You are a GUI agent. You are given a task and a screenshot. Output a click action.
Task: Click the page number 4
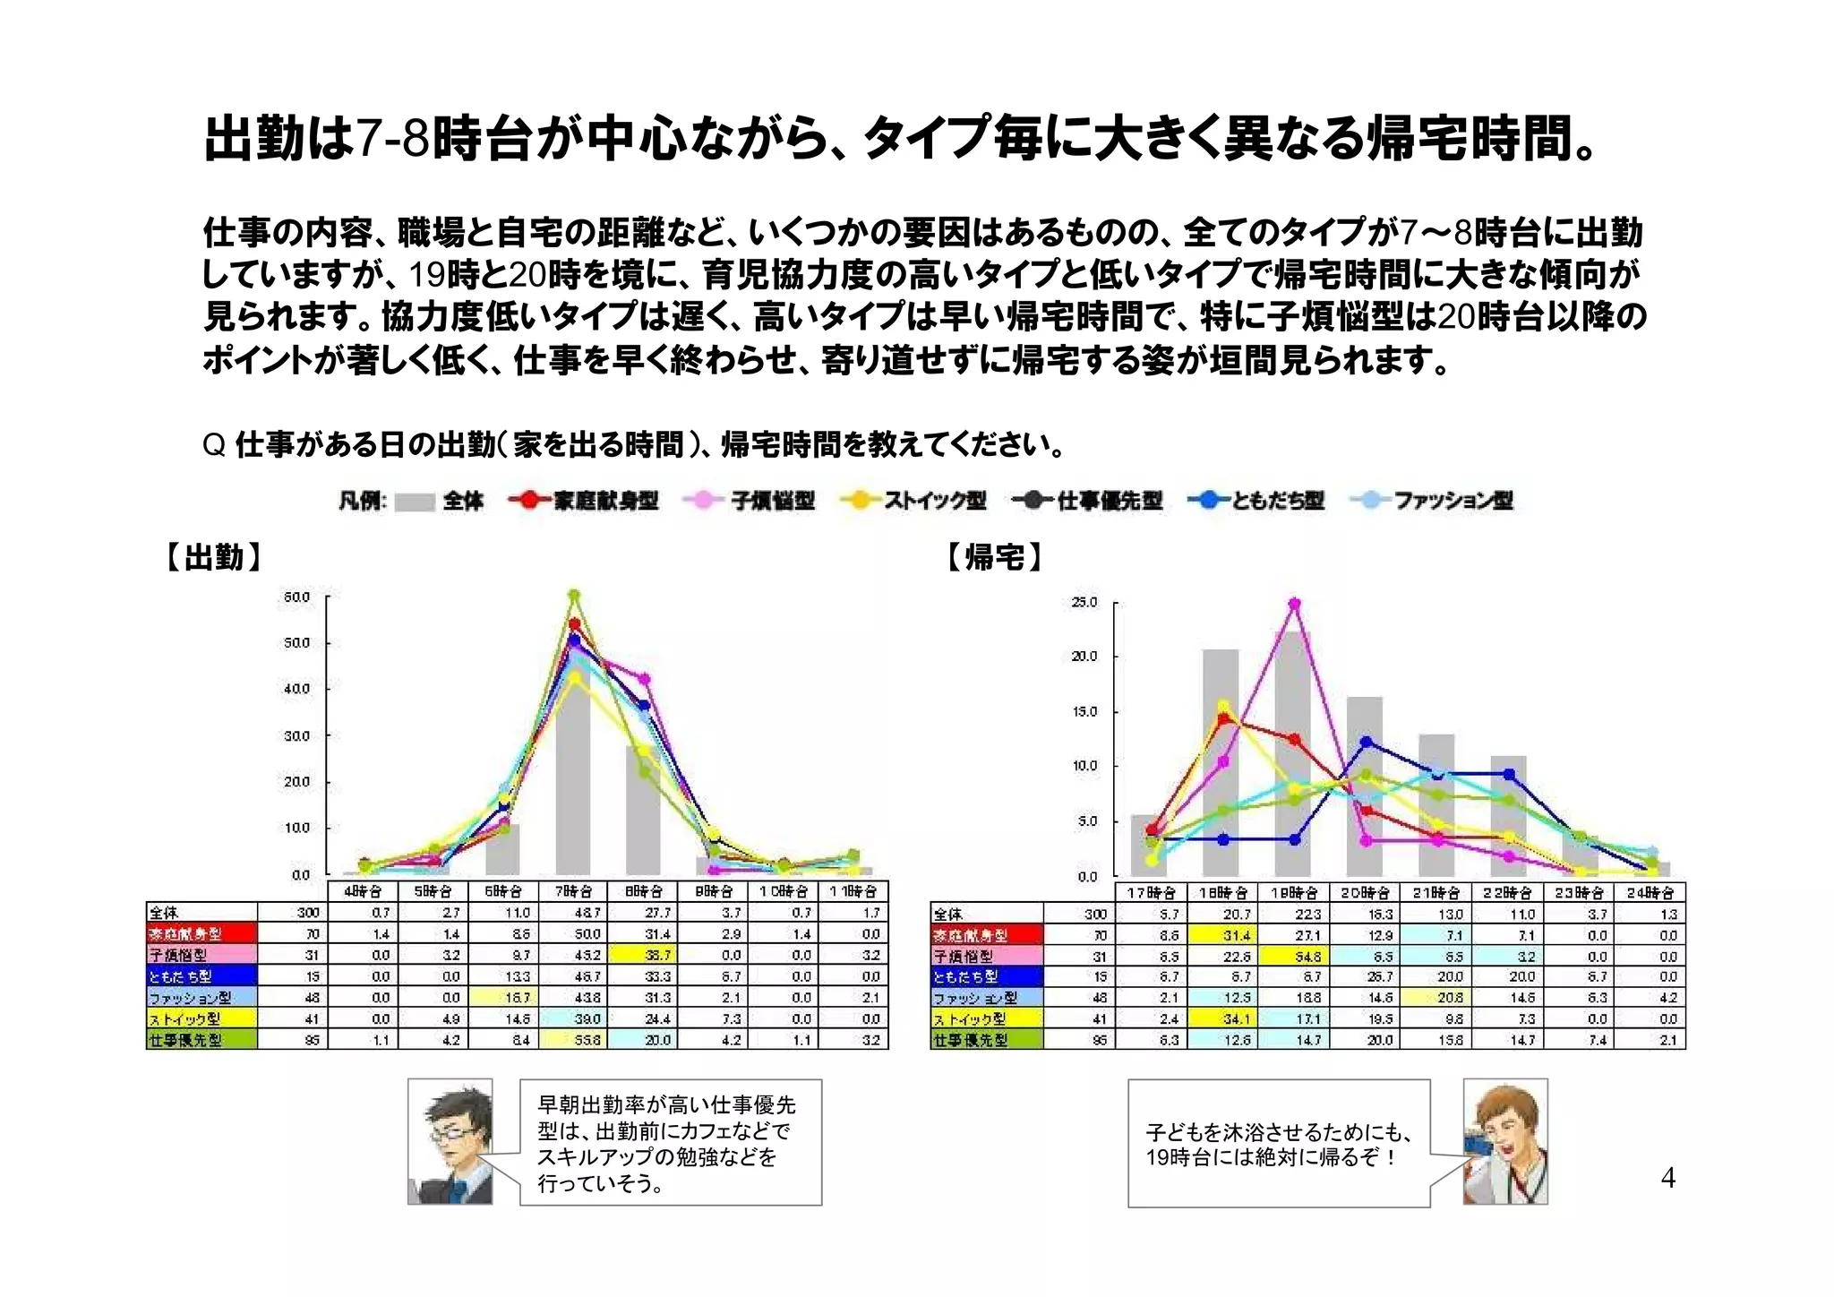(x=1667, y=1177)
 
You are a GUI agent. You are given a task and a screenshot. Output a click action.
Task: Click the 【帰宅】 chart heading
(x=995, y=557)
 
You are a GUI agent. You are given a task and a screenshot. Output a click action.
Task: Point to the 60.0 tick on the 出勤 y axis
(x=296, y=597)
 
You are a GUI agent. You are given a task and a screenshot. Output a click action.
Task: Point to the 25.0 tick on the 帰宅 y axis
(x=1084, y=602)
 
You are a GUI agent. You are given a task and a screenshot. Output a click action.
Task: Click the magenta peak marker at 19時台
(x=1294, y=604)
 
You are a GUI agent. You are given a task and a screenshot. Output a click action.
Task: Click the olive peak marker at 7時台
(x=574, y=594)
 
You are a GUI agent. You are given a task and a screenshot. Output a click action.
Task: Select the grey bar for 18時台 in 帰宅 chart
(x=1221, y=761)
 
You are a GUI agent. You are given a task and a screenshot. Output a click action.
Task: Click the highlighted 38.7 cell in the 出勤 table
(x=661, y=955)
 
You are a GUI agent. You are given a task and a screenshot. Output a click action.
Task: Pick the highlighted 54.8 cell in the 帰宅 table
(x=1308, y=957)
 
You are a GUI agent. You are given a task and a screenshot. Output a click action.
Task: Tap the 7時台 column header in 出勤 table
(x=573, y=891)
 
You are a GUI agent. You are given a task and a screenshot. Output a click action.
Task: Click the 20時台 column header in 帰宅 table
(x=1363, y=892)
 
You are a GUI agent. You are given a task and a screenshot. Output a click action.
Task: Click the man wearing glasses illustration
(x=450, y=1142)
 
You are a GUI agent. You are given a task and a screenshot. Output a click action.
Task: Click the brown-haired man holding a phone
(x=1505, y=1142)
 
